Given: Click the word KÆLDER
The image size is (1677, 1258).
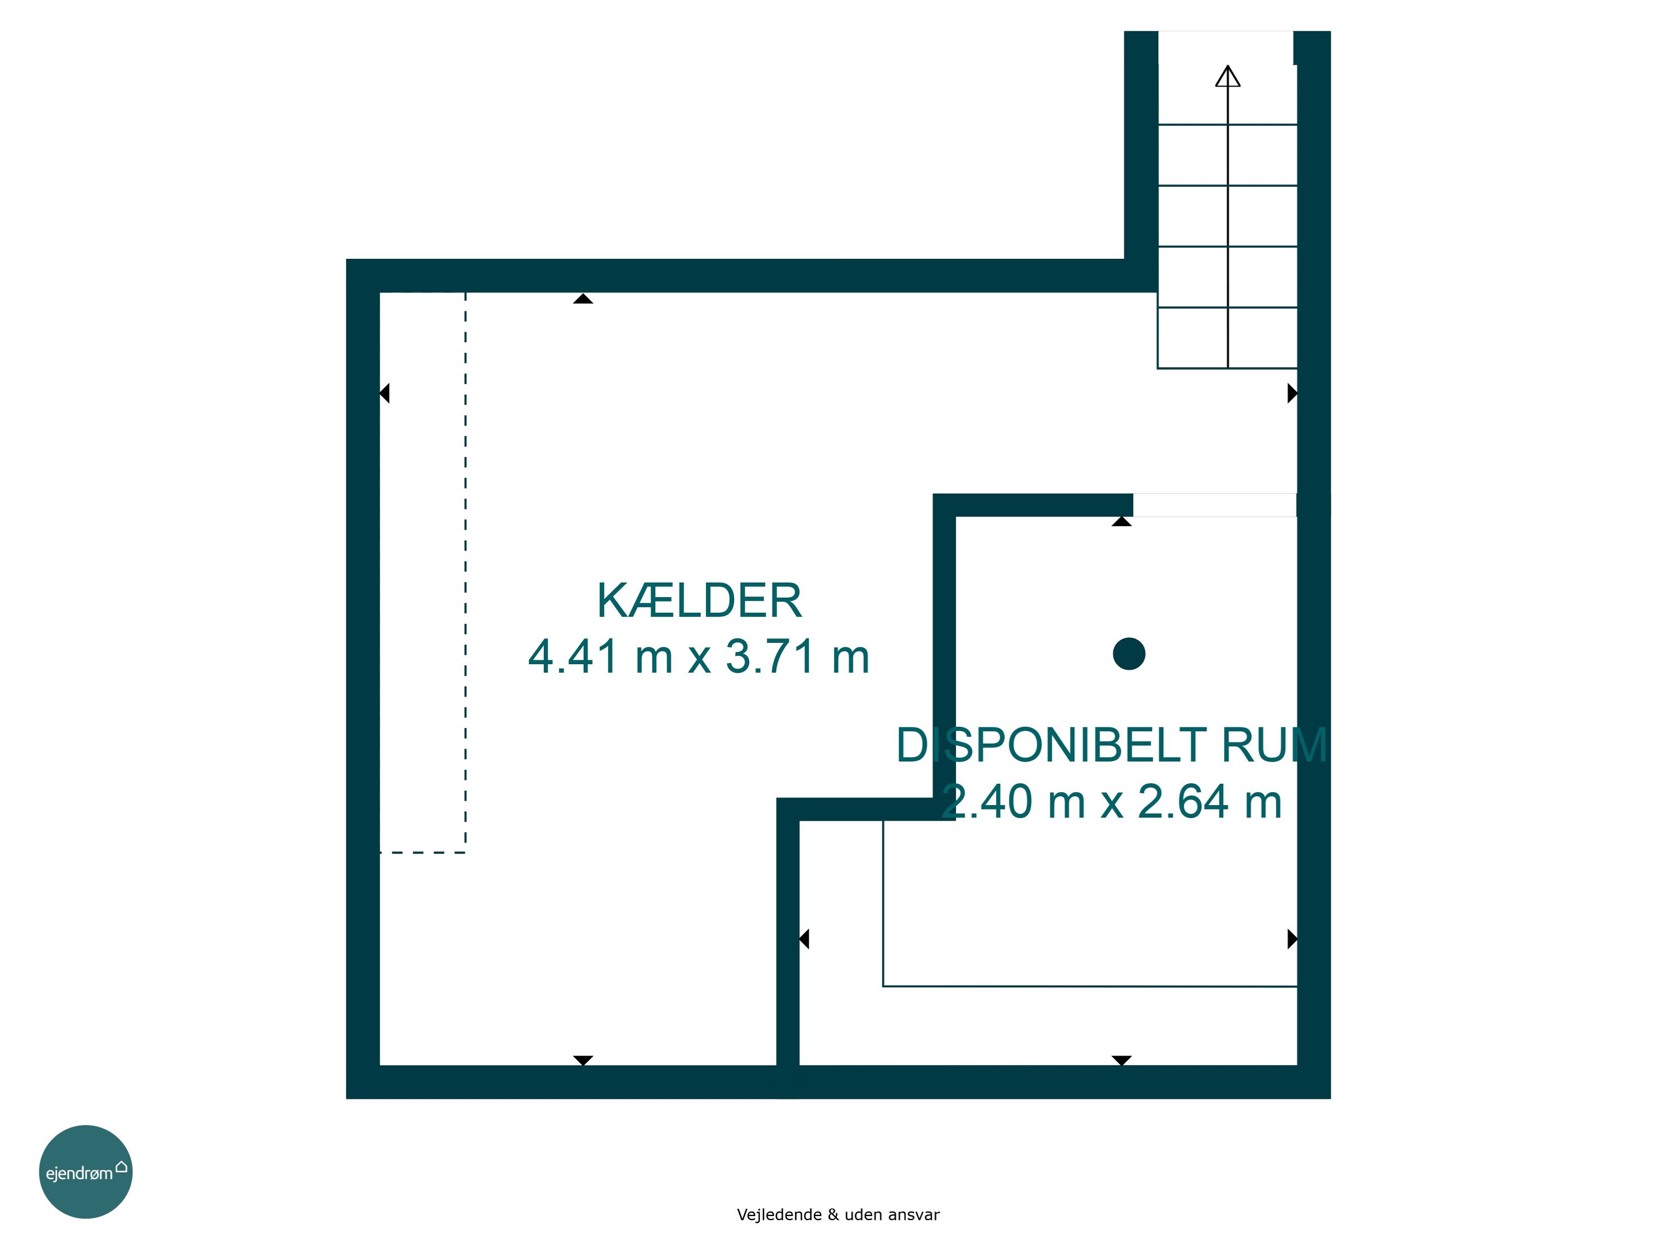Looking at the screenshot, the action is (699, 601).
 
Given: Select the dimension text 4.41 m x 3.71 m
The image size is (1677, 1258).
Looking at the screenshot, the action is (698, 657).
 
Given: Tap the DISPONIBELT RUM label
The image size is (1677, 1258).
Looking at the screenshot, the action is (1111, 745).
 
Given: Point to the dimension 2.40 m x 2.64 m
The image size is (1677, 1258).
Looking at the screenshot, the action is (1111, 802).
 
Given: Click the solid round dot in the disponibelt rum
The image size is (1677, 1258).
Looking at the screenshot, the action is (1129, 654).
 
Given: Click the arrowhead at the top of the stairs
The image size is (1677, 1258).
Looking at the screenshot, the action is (1228, 76).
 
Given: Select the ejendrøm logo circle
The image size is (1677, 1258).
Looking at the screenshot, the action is (86, 1171).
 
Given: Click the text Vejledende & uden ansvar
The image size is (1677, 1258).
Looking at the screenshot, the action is (838, 1215).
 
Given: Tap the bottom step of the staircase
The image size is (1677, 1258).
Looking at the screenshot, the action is (1228, 338).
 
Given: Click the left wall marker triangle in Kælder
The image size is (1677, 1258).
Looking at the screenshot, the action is (385, 394).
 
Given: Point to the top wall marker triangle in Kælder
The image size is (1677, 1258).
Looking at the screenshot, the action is (583, 299).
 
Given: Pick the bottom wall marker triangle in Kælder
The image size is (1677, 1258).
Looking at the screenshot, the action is (583, 1060).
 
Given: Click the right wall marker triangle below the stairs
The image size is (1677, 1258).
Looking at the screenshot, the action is (1292, 394).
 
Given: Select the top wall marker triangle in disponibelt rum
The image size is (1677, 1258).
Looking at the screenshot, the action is (1122, 521).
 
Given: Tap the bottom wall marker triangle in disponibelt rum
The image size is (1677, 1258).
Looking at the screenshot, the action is (1122, 1060).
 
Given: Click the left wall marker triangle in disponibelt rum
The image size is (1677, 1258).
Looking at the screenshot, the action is (804, 939).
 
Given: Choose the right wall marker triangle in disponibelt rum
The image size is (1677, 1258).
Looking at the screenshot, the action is (1292, 939).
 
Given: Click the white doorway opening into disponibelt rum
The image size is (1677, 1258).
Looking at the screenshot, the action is (1215, 505).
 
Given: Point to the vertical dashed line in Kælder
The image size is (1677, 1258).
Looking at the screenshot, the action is (466, 573).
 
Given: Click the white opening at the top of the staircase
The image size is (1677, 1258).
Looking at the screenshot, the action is (1225, 48).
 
